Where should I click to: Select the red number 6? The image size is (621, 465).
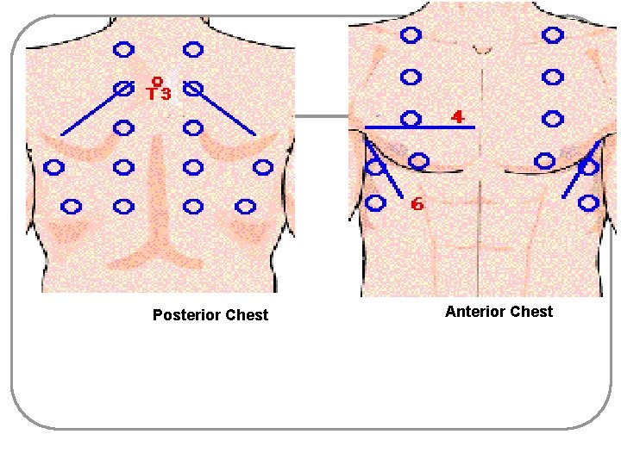pyautogui.click(x=417, y=204)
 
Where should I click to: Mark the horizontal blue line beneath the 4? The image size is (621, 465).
pyautogui.click(x=420, y=127)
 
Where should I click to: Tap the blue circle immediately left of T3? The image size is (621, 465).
pyautogui.click(x=123, y=88)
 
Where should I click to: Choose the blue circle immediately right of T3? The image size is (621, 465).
pyautogui.click(x=193, y=88)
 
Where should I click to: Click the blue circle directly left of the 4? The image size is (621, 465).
pyautogui.click(x=411, y=118)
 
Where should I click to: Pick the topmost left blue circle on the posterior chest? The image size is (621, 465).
pyautogui.click(x=123, y=50)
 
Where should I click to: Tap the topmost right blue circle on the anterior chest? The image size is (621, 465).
pyautogui.click(x=553, y=35)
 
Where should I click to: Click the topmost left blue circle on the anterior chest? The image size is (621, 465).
pyautogui.click(x=411, y=35)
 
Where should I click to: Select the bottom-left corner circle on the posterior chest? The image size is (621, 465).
pyautogui.click(x=71, y=207)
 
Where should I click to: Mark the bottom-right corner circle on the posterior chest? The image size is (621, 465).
pyautogui.click(x=246, y=207)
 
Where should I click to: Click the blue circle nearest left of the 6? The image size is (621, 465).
pyautogui.click(x=376, y=203)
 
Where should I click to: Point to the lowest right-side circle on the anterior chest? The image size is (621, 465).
pyautogui.click(x=589, y=203)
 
